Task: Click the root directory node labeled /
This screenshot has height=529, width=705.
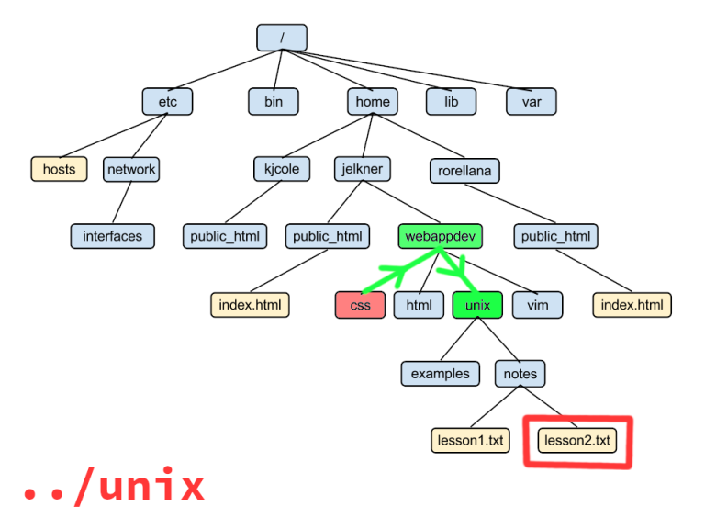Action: (x=282, y=38)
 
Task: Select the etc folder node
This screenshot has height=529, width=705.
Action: (x=168, y=101)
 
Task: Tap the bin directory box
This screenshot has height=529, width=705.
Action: (x=274, y=101)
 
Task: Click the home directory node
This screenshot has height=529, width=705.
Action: (x=373, y=101)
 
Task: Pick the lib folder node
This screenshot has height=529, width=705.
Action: (x=451, y=101)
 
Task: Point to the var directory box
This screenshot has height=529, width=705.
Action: (x=532, y=101)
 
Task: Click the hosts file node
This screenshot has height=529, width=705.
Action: (x=59, y=169)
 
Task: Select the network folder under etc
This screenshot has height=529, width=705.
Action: (x=131, y=169)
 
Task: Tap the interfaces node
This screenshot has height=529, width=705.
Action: (x=113, y=236)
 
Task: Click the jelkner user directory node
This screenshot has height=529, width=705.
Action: (x=363, y=169)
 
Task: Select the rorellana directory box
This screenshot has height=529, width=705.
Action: (x=464, y=170)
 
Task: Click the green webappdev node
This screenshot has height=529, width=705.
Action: (x=441, y=236)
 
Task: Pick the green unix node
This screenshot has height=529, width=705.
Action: (x=477, y=305)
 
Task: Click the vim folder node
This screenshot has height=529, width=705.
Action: (x=537, y=305)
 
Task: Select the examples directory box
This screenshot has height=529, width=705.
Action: (x=441, y=374)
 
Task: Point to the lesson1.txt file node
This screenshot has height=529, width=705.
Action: (x=469, y=441)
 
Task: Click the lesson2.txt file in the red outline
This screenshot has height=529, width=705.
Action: (x=577, y=441)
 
